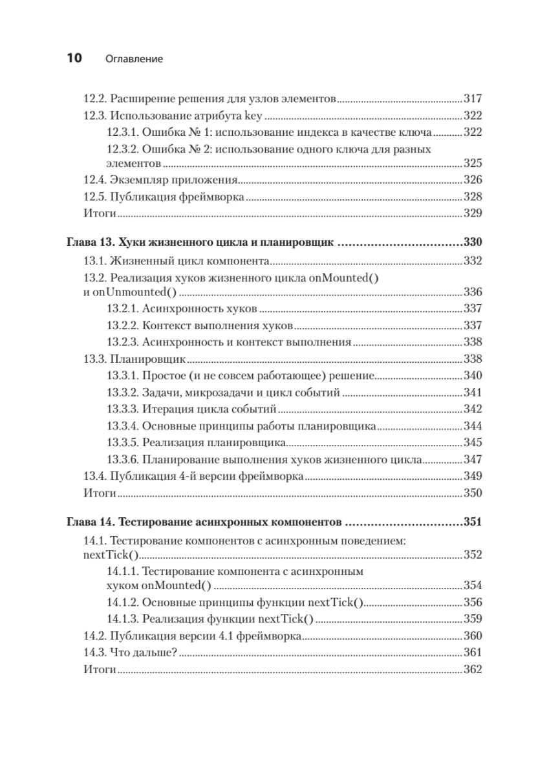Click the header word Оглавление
[x=133, y=59]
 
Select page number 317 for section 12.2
[x=473, y=100]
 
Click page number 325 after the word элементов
[x=473, y=164]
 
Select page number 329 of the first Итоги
[x=473, y=213]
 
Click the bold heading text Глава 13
[x=90, y=244]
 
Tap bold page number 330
[x=473, y=244]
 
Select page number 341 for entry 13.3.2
[x=473, y=393]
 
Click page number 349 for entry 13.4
[x=473, y=477]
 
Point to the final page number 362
[x=473, y=669]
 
